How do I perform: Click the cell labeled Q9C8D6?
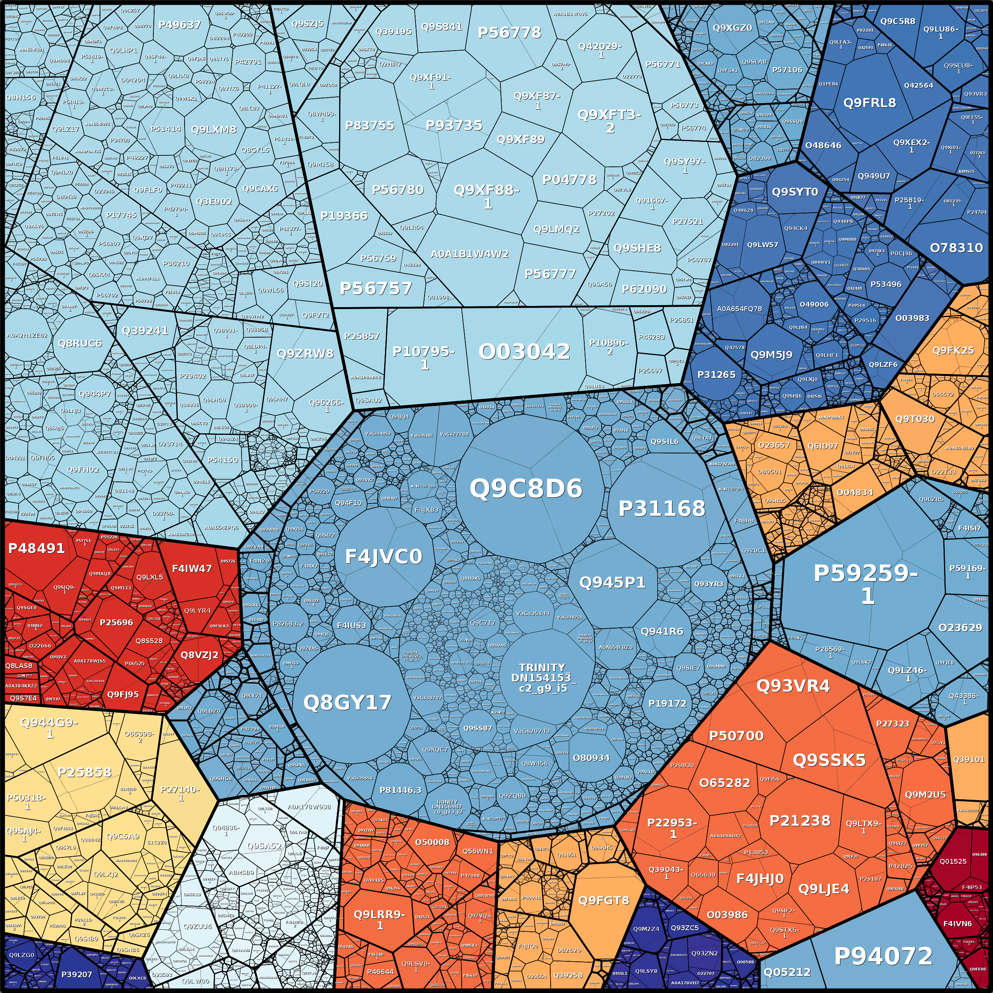click(x=526, y=488)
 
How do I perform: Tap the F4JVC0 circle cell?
click(x=383, y=556)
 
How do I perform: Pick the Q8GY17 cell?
click(x=347, y=702)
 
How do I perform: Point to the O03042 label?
click(x=524, y=351)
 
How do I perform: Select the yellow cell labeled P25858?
click(x=85, y=772)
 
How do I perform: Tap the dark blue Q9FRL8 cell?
click(x=870, y=103)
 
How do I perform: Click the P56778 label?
click(x=510, y=32)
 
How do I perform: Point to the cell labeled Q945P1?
click(x=612, y=582)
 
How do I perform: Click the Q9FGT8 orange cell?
click(x=604, y=900)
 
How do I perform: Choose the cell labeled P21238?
click(x=800, y=821)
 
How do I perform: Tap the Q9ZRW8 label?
click(x=305, y=354)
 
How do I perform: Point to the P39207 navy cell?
click(x=77, y=974)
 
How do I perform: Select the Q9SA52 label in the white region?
click(x=264, y=846)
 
